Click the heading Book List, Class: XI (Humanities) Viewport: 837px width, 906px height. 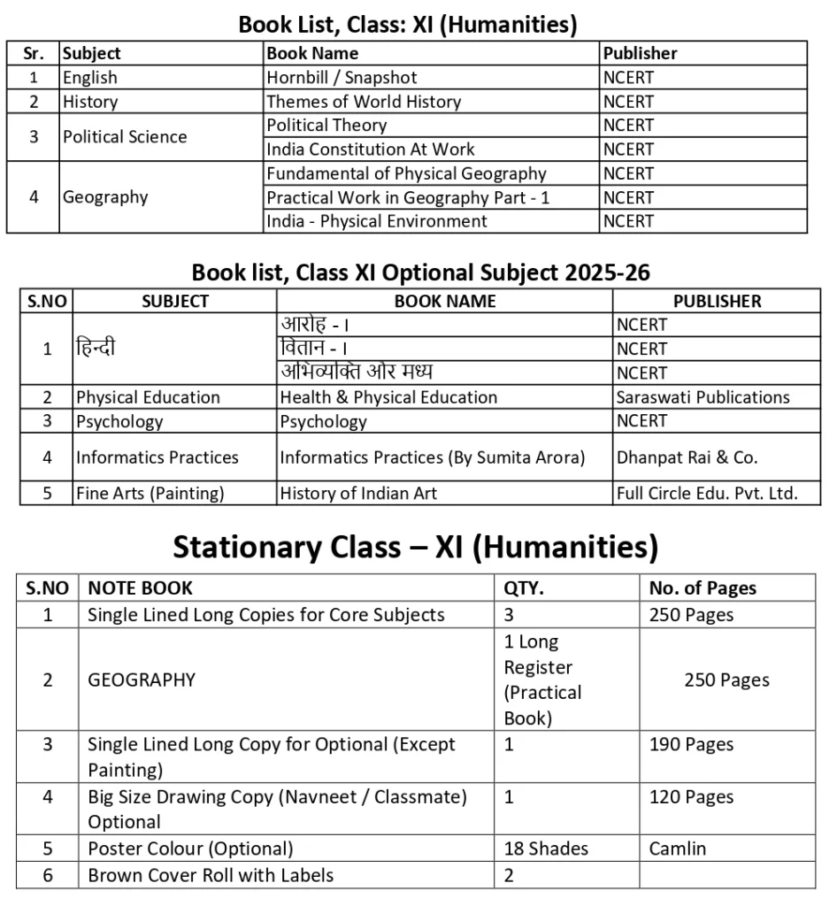tap(408, 25)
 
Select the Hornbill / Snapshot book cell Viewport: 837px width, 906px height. tap(342, 78)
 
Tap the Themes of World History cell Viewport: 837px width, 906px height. tap(364, 102)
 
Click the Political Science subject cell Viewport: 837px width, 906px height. tap(125, 137)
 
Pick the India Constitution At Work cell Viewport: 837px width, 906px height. tap(371, 150)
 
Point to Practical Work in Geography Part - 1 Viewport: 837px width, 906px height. tap(408, 197)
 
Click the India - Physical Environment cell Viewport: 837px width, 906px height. tap(377, 221)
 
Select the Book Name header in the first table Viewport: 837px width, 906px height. tap(312, 53)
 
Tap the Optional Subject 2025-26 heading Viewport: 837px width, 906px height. tap(421, 273)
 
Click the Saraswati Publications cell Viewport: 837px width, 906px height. tap(703, 397)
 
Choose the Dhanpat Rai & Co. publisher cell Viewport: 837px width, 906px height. tap(687, 457)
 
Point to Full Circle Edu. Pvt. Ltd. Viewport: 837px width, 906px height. tap(707, 494)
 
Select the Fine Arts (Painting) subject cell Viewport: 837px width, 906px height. tap(150, 494)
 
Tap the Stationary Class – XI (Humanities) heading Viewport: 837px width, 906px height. tap(415, 548)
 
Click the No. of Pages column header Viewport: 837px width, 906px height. tap(703, 587)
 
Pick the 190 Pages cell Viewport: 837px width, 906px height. tap(691, 744)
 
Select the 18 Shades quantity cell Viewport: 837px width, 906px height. tap(546, 848)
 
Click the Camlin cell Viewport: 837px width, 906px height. tap(678, 848)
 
